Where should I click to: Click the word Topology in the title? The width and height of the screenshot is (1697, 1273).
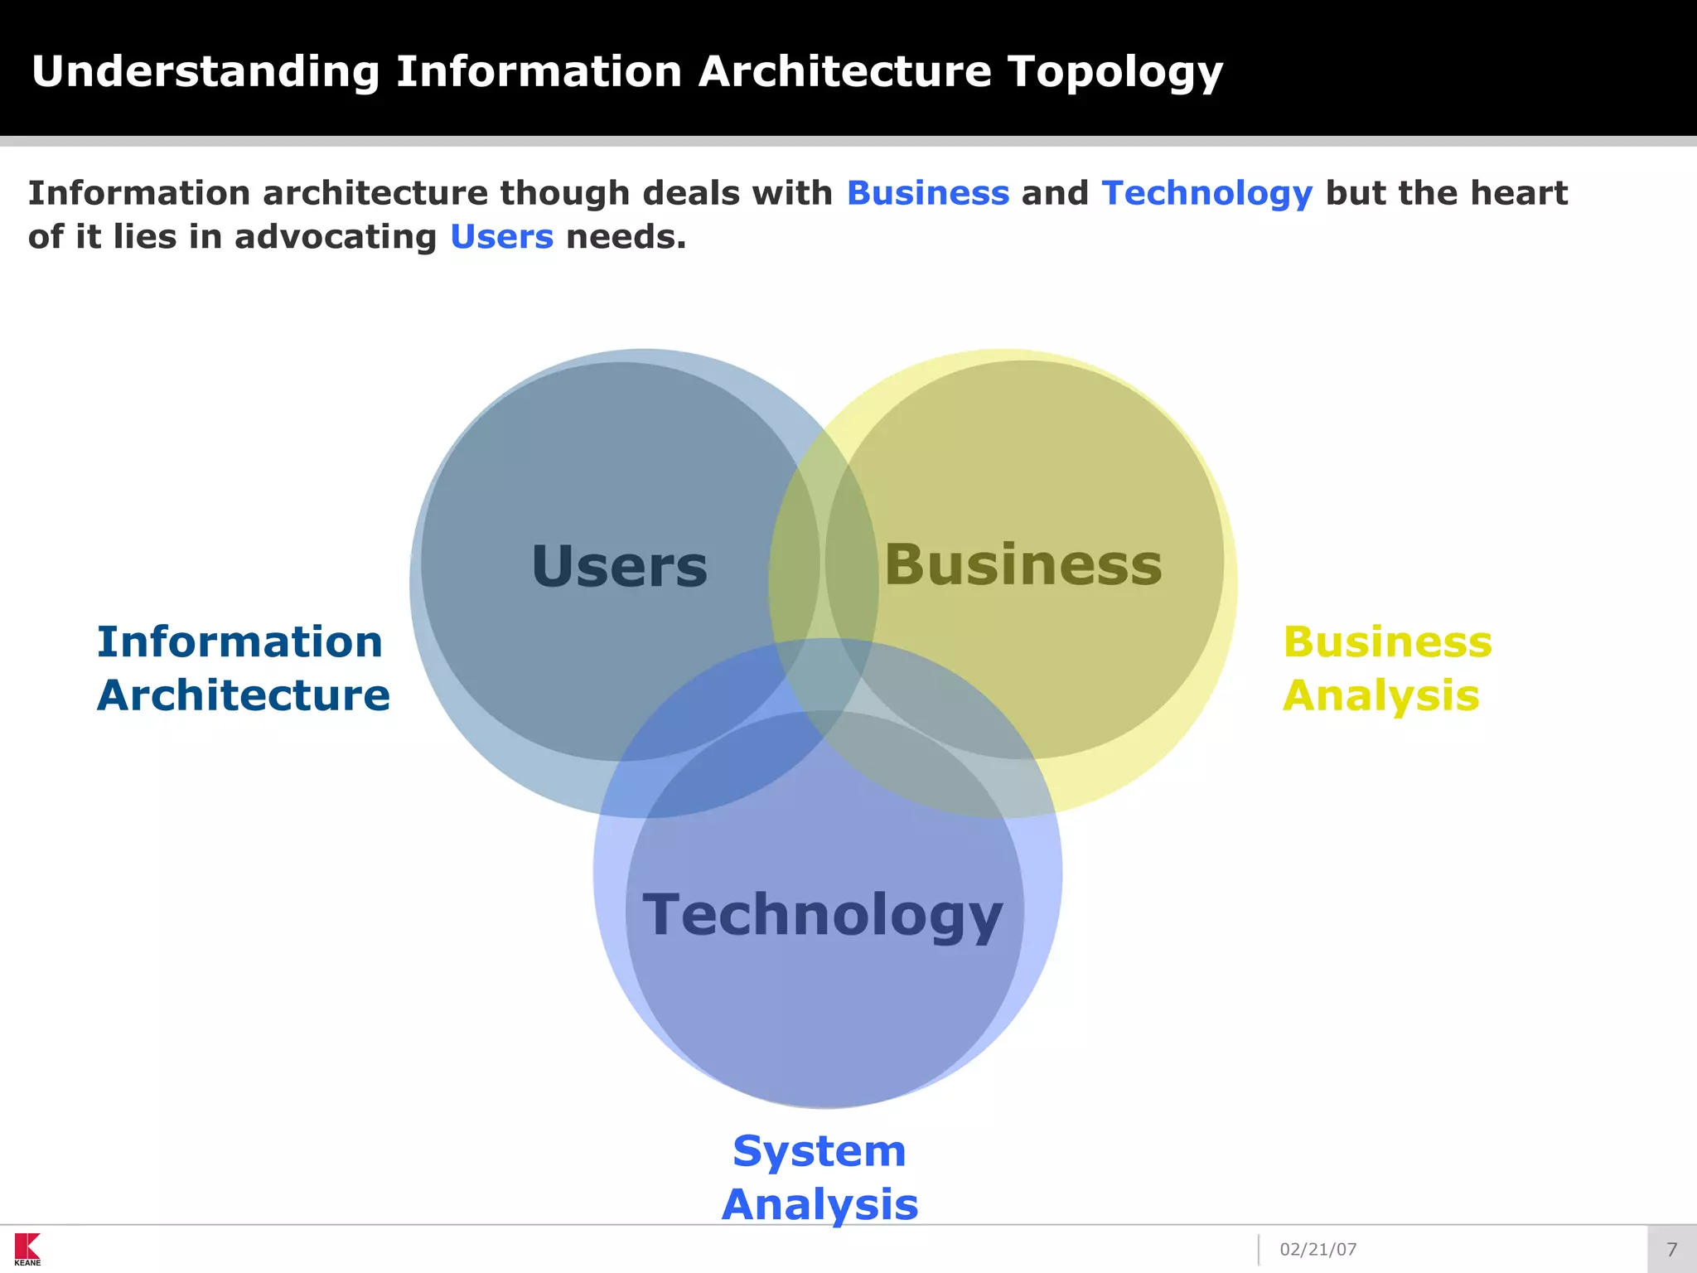click(x=1114, y=73)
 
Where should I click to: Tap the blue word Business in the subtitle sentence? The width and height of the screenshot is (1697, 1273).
click(x=927, y=193)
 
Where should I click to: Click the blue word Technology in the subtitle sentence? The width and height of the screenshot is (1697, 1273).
click(x=1206, y=193)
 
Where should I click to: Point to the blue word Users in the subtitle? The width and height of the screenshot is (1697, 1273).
click(x=501, y=237)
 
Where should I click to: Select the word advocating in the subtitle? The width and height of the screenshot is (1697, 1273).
click(x=335, y=237)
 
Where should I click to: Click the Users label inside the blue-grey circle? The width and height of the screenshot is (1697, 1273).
click(x=619, y=567)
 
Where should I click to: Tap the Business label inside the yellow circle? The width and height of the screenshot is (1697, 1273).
click(x=1023, y=564)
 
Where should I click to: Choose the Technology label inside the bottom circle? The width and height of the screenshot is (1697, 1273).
click(x=823, y=915)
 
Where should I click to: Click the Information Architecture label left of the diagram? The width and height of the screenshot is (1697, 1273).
click(x=243, y=668)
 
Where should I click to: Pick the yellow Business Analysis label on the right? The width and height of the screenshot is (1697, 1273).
click(x=1386, y=668)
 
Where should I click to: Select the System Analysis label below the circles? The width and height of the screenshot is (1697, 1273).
click(x=819, y=1177)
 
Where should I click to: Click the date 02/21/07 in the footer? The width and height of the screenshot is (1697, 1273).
click(x=1317, y=1250)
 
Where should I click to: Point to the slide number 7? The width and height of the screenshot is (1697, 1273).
click(x=1671, y=1250)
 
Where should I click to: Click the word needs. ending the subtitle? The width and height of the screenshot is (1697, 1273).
click(x=626, y=237)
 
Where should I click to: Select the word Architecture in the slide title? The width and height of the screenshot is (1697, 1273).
click(x=844, y=73)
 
